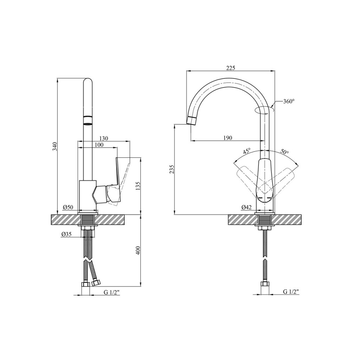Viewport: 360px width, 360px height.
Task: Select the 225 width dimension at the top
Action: pos(231,68)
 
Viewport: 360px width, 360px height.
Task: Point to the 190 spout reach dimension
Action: pos(227,138)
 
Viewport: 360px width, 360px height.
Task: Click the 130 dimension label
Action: pos(103,138)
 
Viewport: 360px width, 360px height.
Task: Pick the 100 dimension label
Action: pos(99,145)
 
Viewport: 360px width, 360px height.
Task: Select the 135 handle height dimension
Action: pos(137,186)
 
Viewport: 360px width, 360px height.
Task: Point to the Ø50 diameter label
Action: pos(68,207)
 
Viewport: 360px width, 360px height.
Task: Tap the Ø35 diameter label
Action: pos(66,234)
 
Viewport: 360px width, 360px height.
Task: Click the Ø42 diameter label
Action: pos(246,207)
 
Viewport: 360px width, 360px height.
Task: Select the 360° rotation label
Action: pos(289,101)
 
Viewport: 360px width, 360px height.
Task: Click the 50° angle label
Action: pos(284,152)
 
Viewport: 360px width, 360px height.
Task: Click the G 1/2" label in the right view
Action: pos(291,292)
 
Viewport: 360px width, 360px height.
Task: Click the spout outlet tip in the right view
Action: pos(192,121)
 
